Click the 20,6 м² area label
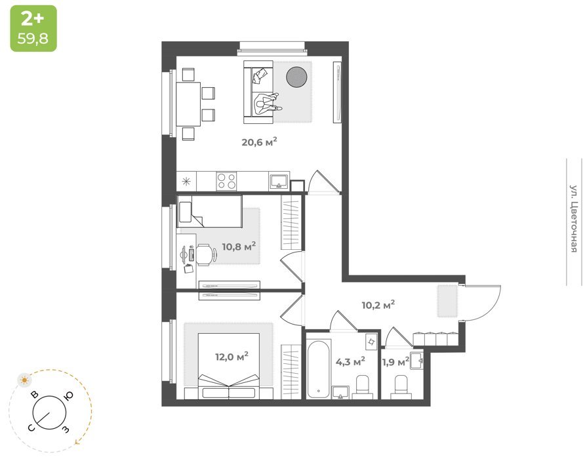click(259, 142)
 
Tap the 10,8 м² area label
click(239, 247)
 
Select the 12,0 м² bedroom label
click(232, 357)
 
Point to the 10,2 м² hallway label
click(378, 305)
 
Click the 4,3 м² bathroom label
click(350, 361)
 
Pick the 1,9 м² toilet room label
click(395, 361)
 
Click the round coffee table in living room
click(296, 77)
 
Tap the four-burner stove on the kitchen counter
click(226, 182)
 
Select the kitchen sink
click(279, 182)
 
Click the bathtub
click(319, 369)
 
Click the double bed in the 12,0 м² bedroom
click(229, 366)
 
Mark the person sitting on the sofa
click(267, 104)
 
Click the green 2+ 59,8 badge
click(33, 28)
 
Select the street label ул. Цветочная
click(574, 218)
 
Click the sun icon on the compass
click(25, 380)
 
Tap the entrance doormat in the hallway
click(447, 301)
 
